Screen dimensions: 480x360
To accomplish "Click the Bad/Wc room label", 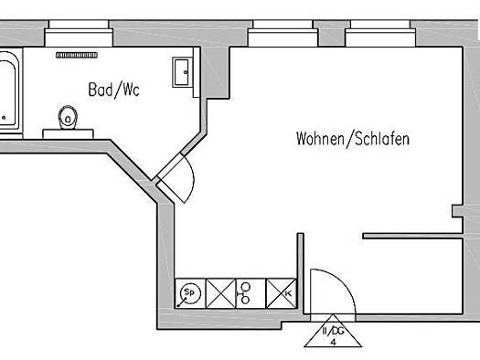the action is point(113,90).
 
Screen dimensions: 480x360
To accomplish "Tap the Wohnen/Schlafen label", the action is point(353,139).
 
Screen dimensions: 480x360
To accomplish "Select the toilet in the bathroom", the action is point(68,118).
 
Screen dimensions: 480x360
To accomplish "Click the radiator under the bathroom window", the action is point(77,55).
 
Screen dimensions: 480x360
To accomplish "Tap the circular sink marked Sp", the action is point(190,293).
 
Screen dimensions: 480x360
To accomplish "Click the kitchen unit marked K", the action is point(282,293).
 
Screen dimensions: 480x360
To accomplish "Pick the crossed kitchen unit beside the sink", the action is point(220,293).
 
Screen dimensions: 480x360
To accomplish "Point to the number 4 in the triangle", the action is point(334,342).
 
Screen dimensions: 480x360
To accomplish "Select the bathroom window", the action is point(79,33).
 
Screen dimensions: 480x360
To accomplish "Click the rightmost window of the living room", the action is point(380,33).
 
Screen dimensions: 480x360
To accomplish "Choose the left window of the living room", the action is point(283,33).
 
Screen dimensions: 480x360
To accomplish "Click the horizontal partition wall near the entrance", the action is point(412,236).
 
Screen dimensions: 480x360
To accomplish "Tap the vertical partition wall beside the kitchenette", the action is point(301,273).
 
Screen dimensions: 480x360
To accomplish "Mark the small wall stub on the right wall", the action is point(457,211).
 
